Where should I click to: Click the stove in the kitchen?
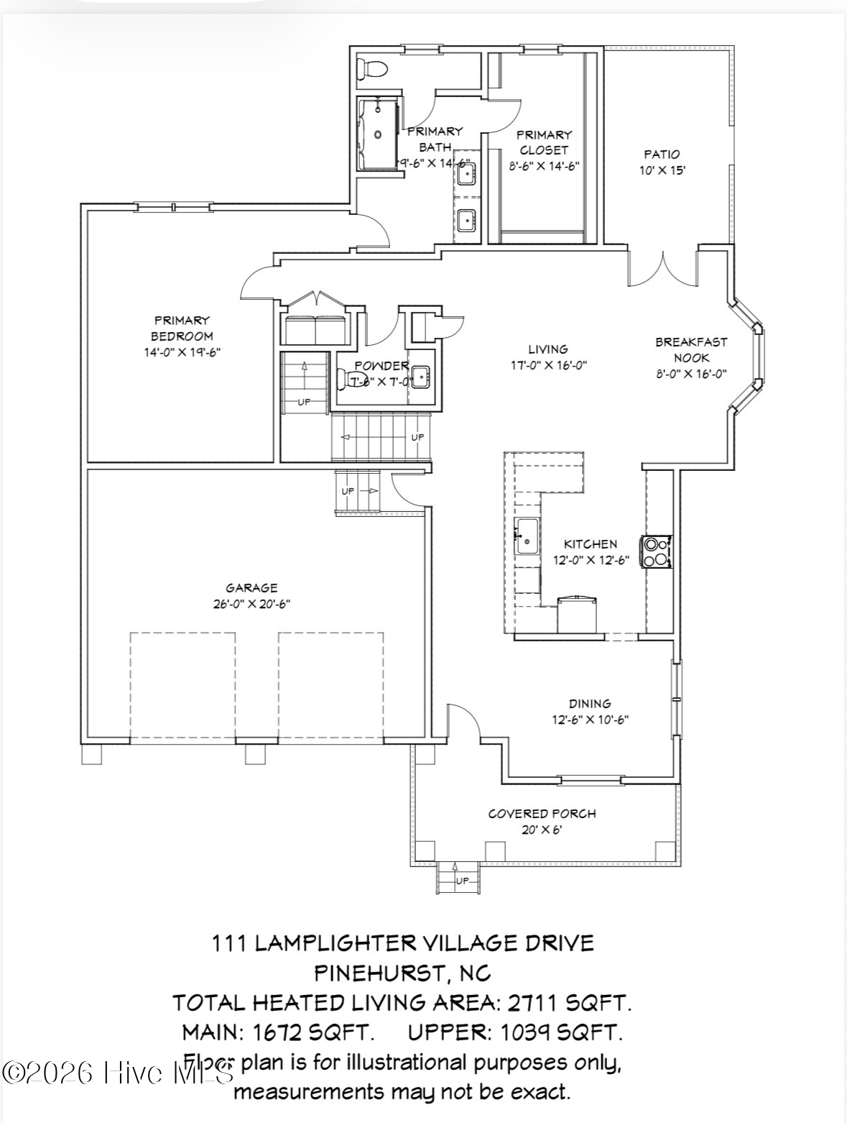click(657, 551)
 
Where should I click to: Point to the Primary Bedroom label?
click(182, 328)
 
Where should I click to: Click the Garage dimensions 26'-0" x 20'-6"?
click(251, 604)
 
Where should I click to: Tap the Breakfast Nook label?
click(691, 349)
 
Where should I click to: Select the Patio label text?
click(662, 154)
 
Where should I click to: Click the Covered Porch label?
click(542, 814)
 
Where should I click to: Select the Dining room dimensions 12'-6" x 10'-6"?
click(590, 719)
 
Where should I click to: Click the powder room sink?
click(420, 376)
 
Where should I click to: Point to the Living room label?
click(548, 349)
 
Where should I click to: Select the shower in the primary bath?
click(378, 134)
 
